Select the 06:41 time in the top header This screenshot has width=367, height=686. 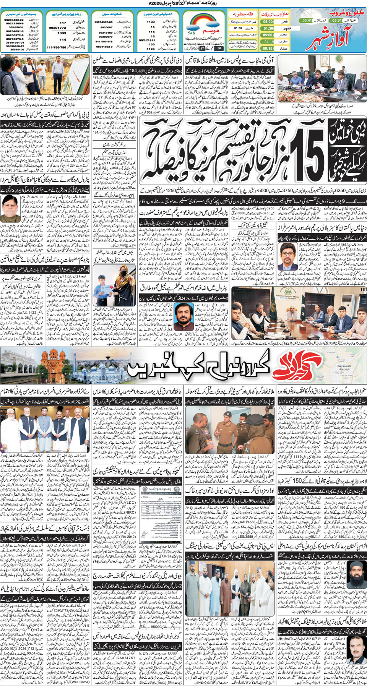click(x=307, y=20)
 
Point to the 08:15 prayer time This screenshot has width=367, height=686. click(x=268, y=49)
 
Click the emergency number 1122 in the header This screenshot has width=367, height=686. click(x=151, y=22)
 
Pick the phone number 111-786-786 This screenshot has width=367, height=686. click(x=56, y=47)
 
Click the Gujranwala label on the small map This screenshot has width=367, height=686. click(x=344, y=367)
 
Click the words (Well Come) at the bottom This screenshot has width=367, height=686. click(x=79, y=681)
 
